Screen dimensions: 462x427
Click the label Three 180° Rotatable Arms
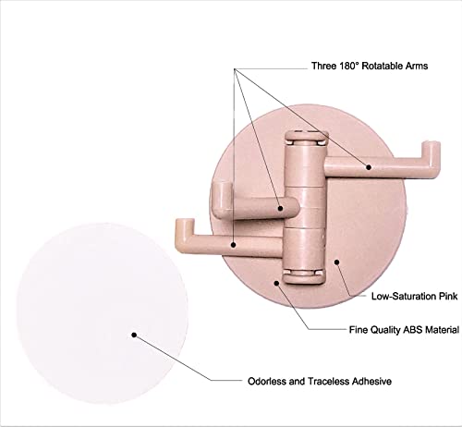click(x=370, y=66)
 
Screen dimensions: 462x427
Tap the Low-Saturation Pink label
click(x=414, y=297)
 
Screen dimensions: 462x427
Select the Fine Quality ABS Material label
click(x=404, y=330)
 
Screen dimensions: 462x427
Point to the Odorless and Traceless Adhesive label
click(x=320, y=381)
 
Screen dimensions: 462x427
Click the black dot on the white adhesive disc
click(x=134, y=335)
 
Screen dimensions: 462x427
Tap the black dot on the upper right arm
click(x=369, y=167)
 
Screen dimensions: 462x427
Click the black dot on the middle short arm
click(x=280, y=208)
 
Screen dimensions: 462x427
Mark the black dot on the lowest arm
click(x=234, y=245)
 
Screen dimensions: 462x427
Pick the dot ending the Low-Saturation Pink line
click(x=337, y=262)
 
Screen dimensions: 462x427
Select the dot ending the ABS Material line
click(x=276, y=283)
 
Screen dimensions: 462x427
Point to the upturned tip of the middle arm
click(x=221, y=189)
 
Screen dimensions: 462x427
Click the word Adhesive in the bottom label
click(x=371, y=381)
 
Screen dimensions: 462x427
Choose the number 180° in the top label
click(x=349, y=66)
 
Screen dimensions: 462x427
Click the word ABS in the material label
click(x=413, y=330)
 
